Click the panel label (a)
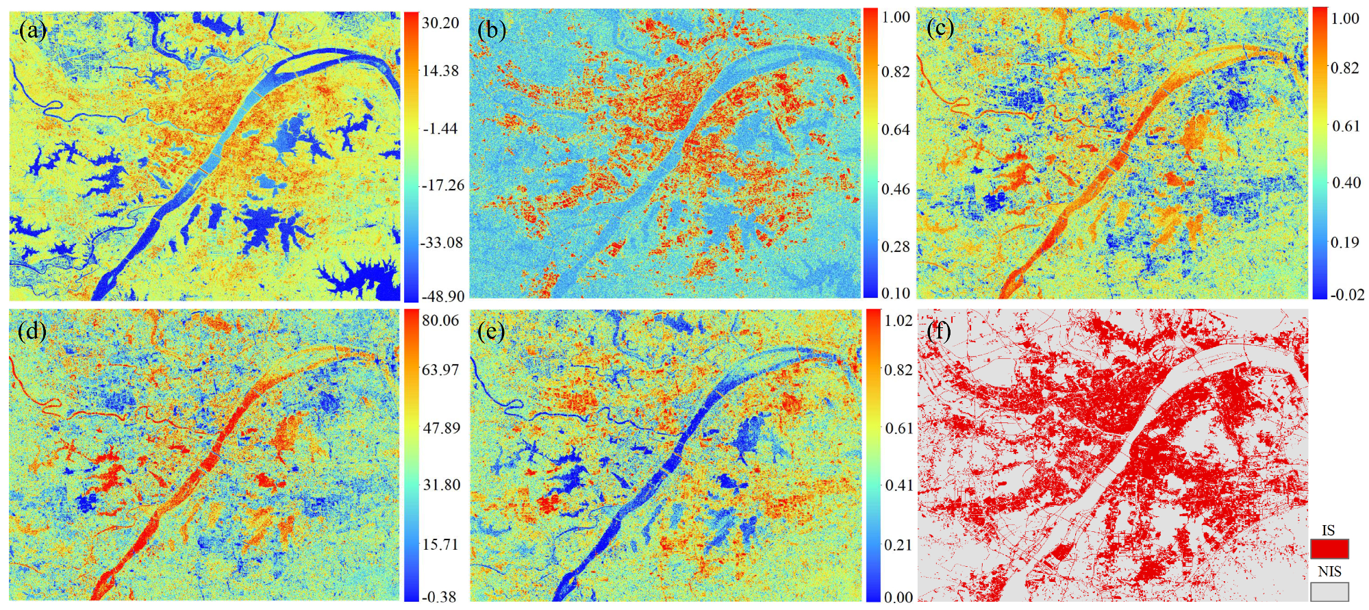[33, 31]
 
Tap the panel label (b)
[492, 31]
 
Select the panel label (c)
[940, 29]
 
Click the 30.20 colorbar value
[440, 23]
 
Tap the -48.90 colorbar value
[442, 296]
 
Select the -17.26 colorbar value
[442, 185]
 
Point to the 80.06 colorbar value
[440, 320]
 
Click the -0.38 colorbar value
[438, 597]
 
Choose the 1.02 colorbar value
[899, 320]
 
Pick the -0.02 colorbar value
[1347, 295]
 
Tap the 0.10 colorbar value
[896, 294]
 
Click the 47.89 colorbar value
[440, 428]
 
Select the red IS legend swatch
[1329, 549]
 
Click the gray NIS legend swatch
[1329, 592]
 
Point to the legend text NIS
[1329, 572]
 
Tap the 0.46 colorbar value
[896, 189]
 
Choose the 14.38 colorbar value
[440, 71]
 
